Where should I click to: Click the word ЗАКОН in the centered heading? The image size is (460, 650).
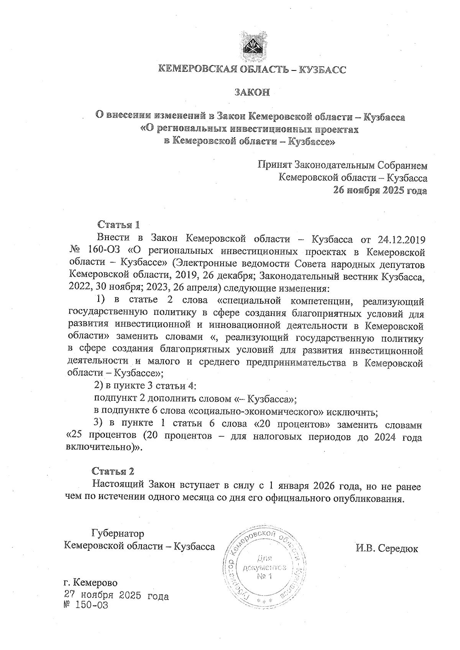(252, 92)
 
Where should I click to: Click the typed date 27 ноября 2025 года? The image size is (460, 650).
(117, 596)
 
